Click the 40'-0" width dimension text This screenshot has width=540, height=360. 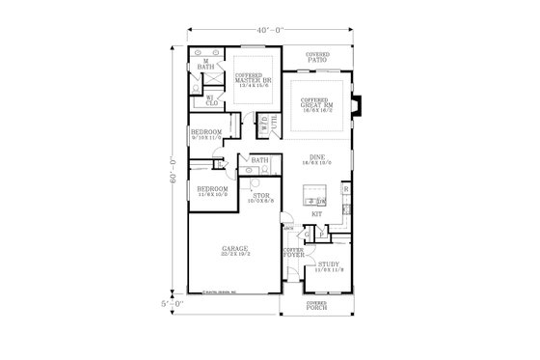270,30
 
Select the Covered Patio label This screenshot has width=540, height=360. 317,57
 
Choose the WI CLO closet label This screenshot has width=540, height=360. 211,99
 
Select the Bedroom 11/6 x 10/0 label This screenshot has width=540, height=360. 212,191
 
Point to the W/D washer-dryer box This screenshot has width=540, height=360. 263,123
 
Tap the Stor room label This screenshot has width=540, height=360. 260,200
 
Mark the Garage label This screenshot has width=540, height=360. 235,251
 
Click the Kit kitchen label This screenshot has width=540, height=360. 316,213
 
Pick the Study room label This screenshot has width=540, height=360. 330,265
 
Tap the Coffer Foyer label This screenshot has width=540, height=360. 293,254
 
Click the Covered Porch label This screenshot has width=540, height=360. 317,306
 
